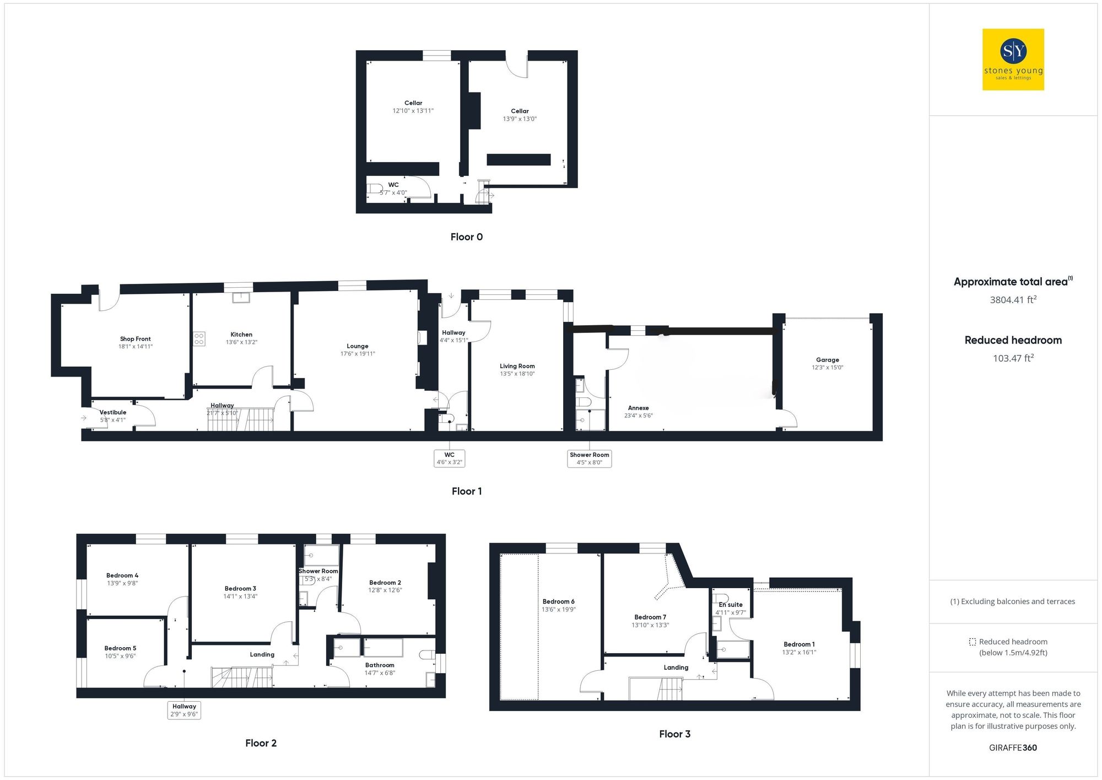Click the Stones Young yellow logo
1013,60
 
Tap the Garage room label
827,360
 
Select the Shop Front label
135,339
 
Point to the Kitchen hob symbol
199,338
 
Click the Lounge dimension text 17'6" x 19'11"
358,354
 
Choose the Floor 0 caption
466,237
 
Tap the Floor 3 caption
674,734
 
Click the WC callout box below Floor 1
450,459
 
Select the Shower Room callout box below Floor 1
589,459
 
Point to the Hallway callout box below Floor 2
184,710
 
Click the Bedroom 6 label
558,601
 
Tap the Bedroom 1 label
799,644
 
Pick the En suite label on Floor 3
731,605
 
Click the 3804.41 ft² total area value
1013,300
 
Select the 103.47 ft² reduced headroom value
1013,358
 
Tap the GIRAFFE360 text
1013,748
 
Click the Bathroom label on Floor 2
380,665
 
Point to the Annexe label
638,408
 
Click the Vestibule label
113,412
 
